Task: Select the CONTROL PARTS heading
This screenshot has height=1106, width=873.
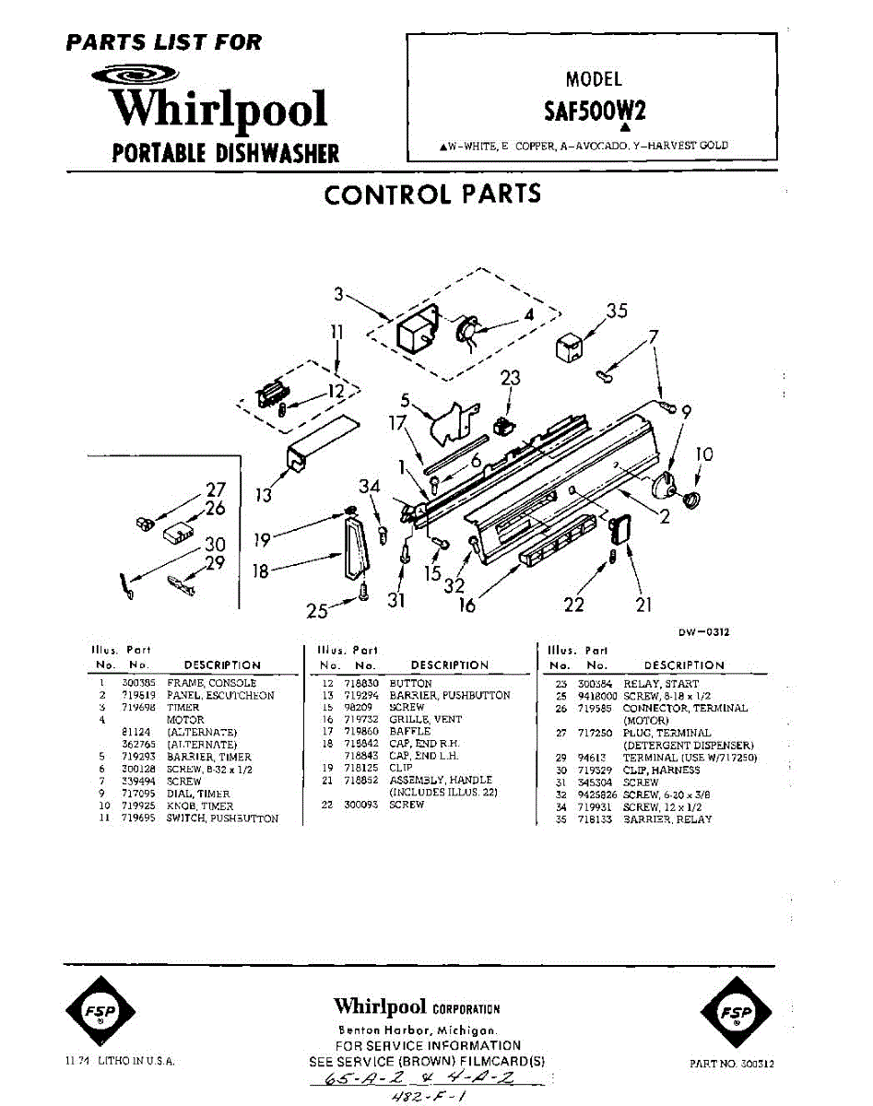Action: click(x=432, y=194)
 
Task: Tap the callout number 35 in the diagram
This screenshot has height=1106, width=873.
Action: click(x=617, y=311)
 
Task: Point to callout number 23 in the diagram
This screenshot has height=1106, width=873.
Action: click(x=510, y=378)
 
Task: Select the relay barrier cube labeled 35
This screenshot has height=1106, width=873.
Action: click(x=568, y=348)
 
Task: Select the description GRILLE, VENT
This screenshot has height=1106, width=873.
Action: click(x=426, y=719)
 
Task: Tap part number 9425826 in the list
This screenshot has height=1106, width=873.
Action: click(x=597, y=794)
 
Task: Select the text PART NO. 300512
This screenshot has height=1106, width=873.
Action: click(x=731, y=1063)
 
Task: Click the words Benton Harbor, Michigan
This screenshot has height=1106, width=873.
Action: click(x=417, y=1030)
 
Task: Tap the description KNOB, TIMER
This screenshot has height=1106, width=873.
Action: click(x=201, y=806)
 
